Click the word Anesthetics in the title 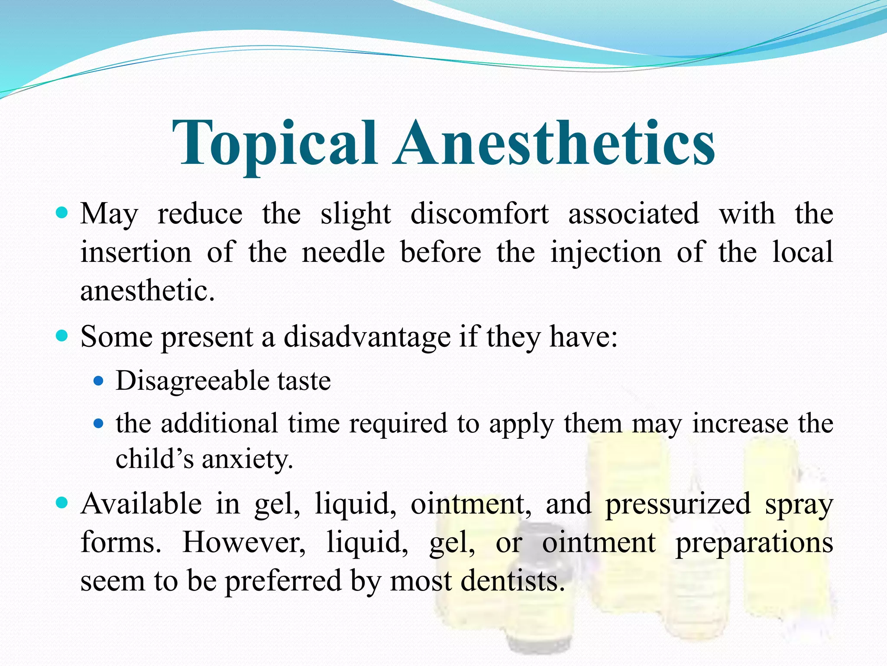tap(554, 144)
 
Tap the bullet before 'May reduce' tap(62, 213)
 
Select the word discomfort tap(479, 214)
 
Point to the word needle tap(343, 252)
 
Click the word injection tap(605, 253)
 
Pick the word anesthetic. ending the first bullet tap(147, 290)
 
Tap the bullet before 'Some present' tap(62, 336)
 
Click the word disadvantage tap(367, 337)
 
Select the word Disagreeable tap(191, 381)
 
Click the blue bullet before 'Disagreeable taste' tap(99, 381)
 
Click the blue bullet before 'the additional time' tap(99, 423)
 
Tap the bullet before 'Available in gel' tap(62, 503)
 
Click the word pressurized tap(678, 505)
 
